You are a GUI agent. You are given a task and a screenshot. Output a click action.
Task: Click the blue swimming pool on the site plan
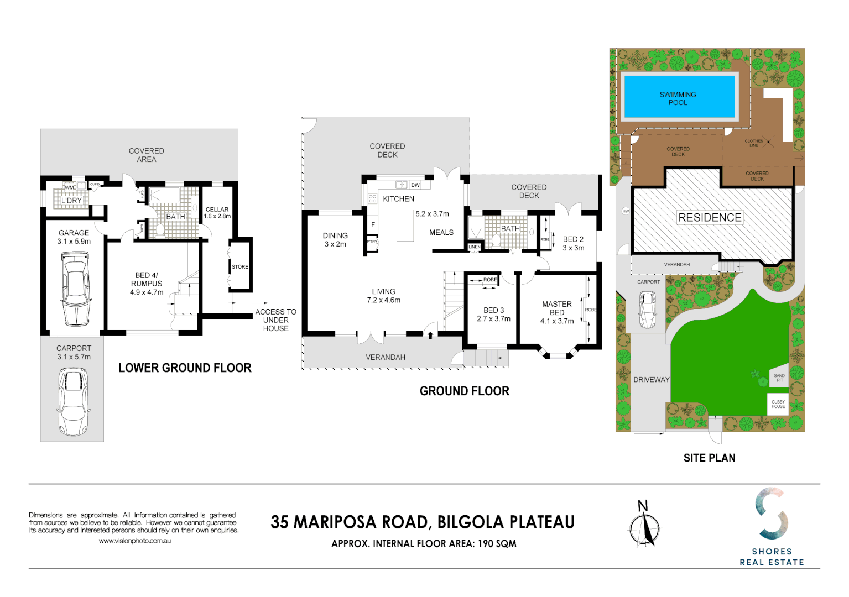point(679,97)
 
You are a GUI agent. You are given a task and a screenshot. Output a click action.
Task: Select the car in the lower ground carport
point(72,401)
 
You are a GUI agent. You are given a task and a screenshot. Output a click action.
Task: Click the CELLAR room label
point(217,210)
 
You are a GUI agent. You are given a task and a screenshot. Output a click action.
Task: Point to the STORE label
point(240,267)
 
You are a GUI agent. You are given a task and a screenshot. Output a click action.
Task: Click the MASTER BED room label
point(557,308)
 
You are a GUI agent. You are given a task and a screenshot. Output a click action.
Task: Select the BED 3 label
point(493,310)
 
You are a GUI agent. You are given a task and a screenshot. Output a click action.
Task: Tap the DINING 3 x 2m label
point(335,239)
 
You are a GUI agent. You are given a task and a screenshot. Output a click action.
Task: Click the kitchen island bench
point(405,225)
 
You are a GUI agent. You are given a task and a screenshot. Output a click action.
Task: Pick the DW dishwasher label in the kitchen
point(415,185)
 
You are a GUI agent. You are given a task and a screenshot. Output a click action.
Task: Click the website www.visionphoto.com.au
point(134,541)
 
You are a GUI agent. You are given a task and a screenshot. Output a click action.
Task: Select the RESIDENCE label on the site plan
point(710,218)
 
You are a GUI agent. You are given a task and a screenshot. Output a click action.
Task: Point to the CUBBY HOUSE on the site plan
point(778,404)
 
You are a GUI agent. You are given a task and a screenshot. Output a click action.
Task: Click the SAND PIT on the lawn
point(779,378)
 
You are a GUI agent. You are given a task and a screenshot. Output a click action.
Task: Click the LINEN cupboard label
point(475,247)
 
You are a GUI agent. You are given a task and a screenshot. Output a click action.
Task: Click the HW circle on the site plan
point(626,211)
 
